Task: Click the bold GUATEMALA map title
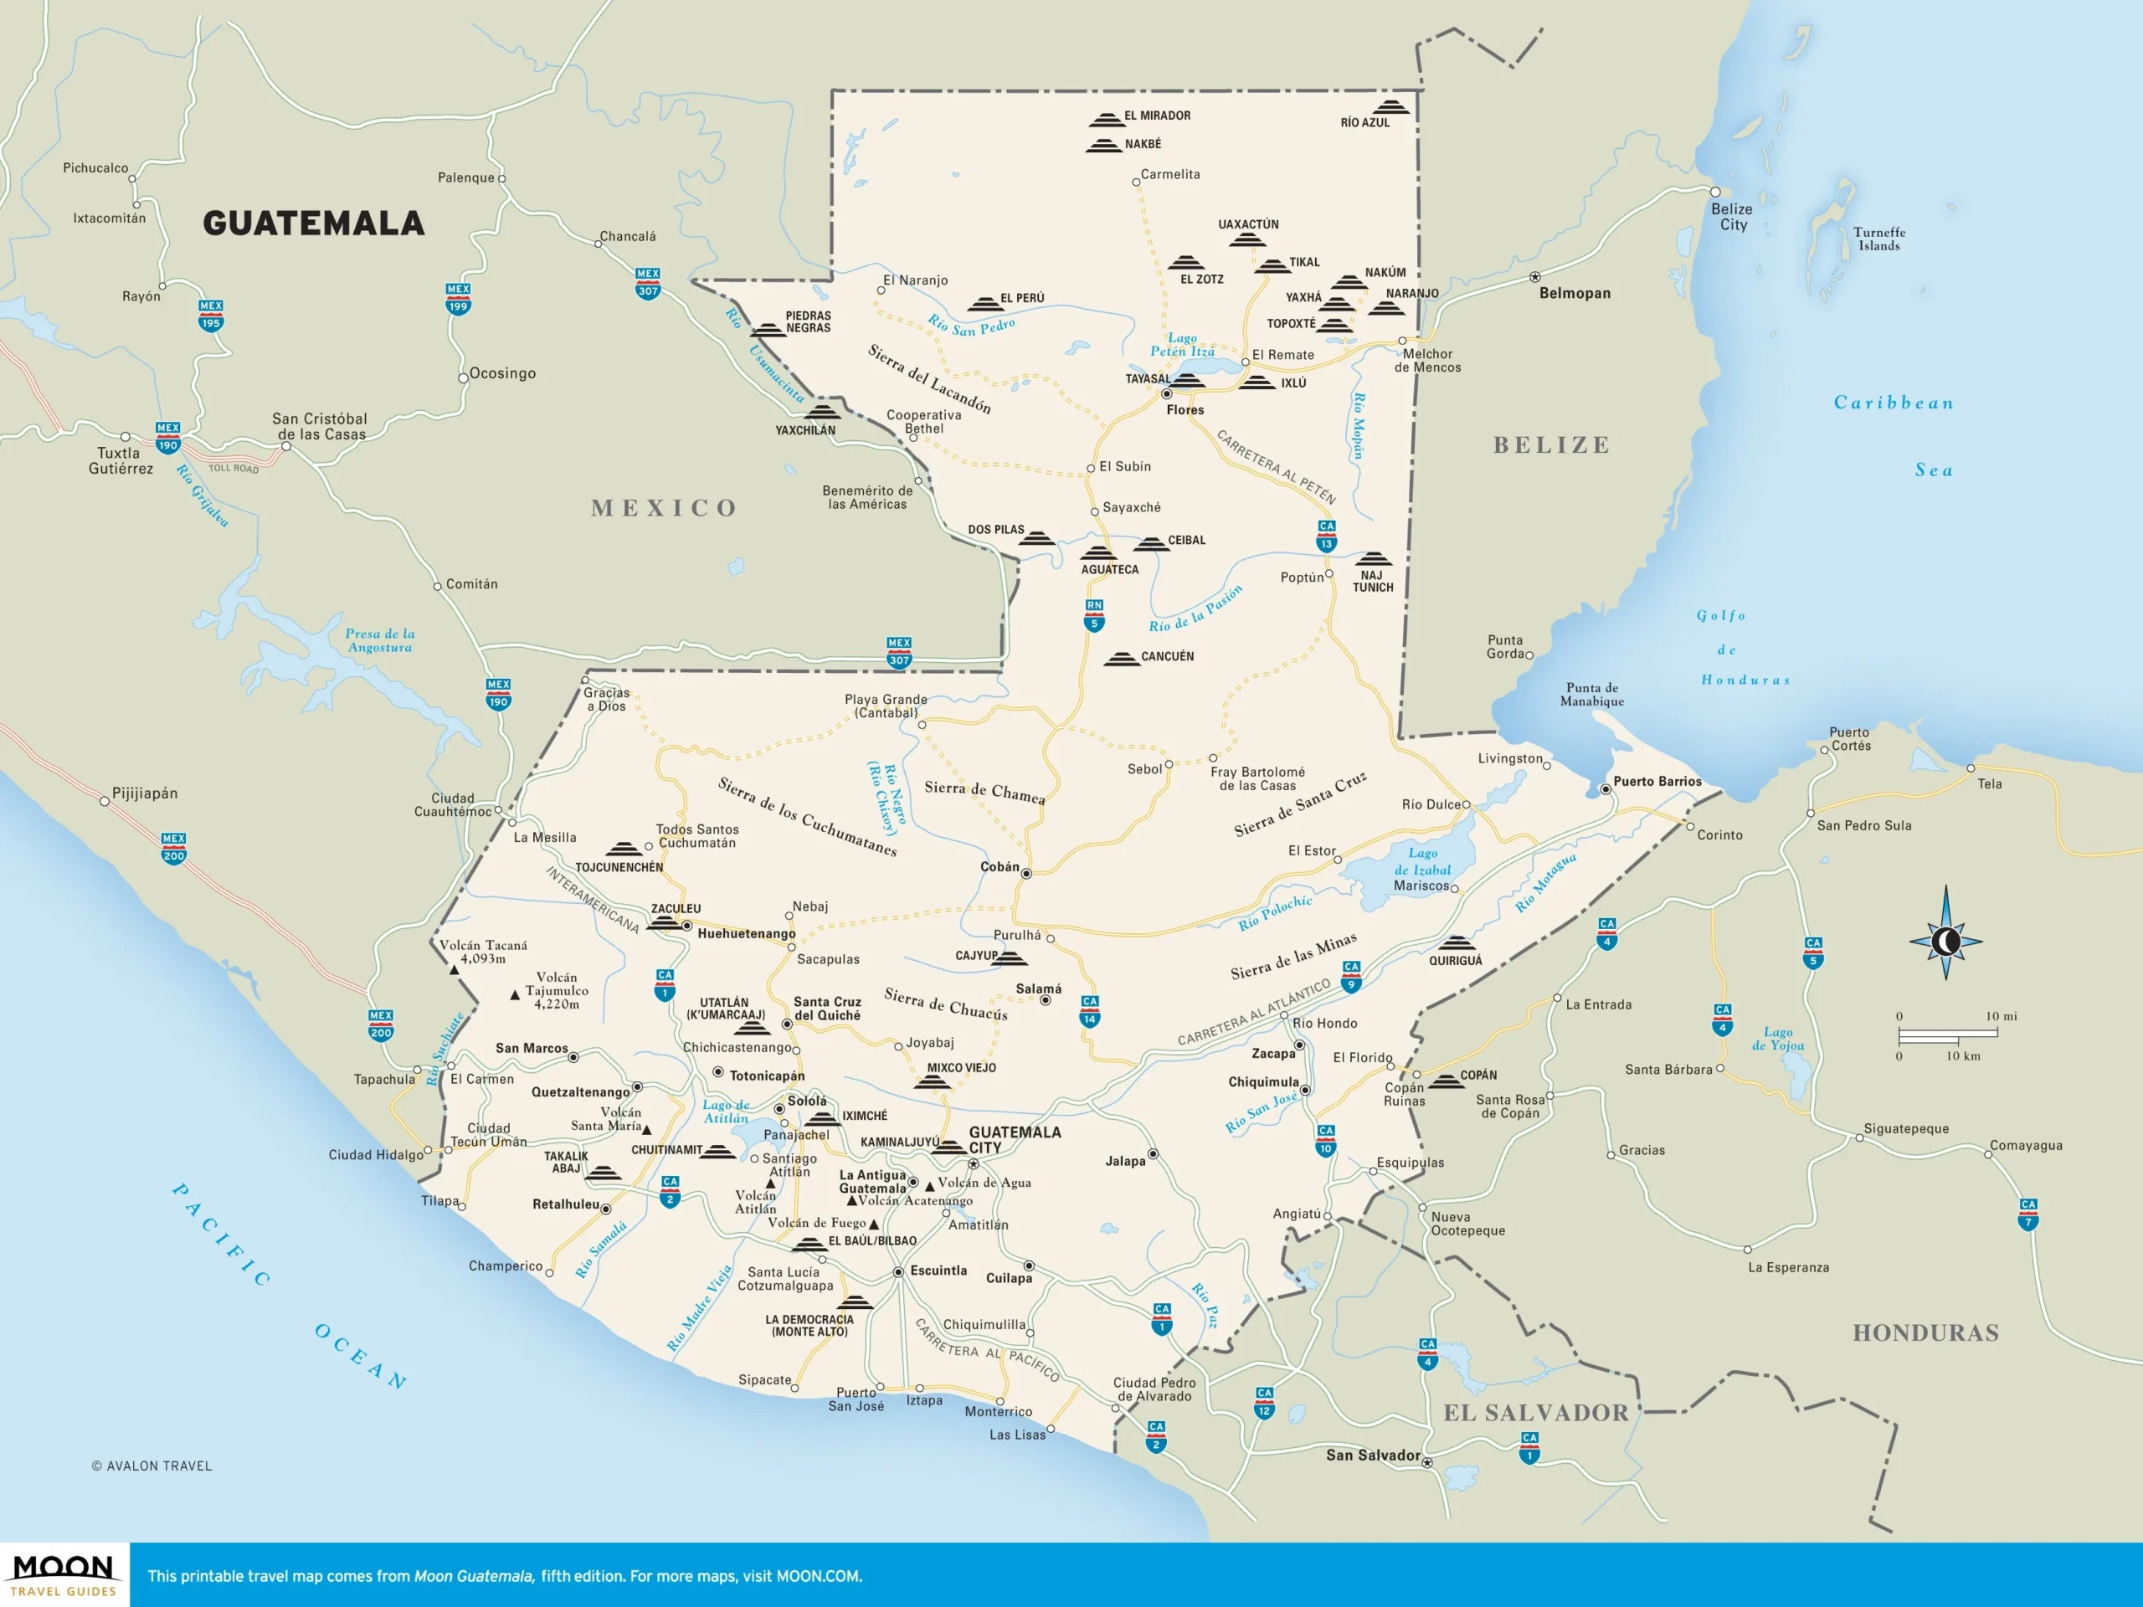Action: point(313,223)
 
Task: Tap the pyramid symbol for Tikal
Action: point(1272,265)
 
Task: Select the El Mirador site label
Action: point(1157,116)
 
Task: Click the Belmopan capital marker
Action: point(1534,277)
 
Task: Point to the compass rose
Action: point(1945,940)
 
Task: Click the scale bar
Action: point(1947,1035)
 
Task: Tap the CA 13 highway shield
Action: point(1326,536)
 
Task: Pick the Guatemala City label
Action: point(1014,1139)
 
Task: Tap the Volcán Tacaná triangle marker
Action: point(454,969)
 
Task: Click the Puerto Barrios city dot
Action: point(1606,789)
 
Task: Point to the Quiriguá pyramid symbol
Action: point(1455,943)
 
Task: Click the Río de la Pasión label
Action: point(1195,609)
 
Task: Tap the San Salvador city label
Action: point(1372,1455)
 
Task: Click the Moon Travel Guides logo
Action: point(64,1575)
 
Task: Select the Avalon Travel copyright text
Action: point(152,1466)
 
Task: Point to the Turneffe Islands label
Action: point(1878,239)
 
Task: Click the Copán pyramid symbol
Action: point(1447,1081)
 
